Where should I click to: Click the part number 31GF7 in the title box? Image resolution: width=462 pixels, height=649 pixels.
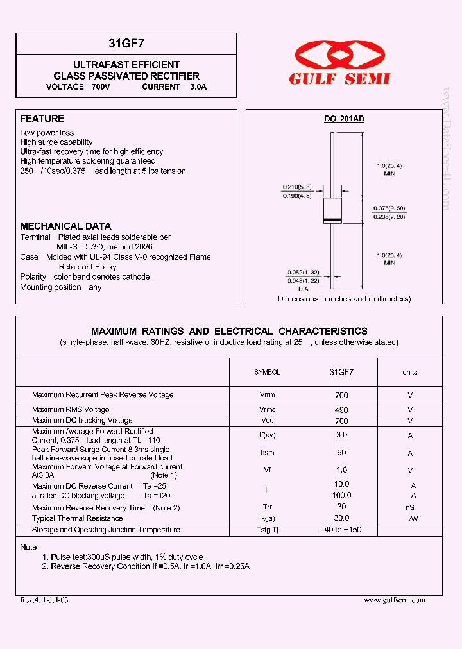(x=126, y=44)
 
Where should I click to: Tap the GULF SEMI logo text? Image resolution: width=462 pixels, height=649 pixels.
(x=339, y=79)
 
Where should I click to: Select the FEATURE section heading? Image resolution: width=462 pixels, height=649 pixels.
(x=42, y=119)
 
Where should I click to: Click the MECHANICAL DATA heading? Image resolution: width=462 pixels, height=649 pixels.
(x=65, y=226)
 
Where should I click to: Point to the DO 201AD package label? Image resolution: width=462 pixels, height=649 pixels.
(x=343, y=119)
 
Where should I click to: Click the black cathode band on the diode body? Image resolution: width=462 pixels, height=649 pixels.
(x=332, y=219)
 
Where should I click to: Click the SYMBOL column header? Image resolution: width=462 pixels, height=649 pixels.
(x=267, y=372)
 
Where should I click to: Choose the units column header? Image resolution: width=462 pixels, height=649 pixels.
(x=409, y=372)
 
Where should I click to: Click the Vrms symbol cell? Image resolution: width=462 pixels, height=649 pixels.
(x=267, y=410)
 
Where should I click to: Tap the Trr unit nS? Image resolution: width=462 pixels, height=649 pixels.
(x=410, y=507)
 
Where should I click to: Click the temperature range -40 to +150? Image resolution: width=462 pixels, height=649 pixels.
(x=341, y=530)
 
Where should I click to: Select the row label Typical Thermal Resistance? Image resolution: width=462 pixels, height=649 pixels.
(x=77, y=518)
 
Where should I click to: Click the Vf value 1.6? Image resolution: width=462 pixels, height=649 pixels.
(x=341, y=470)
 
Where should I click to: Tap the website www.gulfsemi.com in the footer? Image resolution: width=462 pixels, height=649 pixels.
(x=394, y=600)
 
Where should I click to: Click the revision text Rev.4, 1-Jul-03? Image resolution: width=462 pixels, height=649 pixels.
(x=44, y=600)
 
